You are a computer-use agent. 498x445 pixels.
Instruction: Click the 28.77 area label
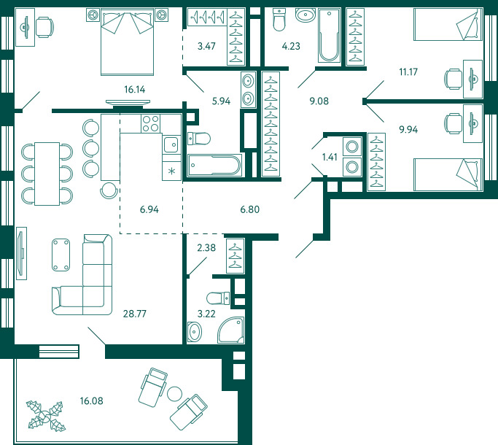tap(135, 314)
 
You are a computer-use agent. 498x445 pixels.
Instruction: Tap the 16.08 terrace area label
tap(91, 400)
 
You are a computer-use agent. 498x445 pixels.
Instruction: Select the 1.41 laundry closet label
tap(330, 157)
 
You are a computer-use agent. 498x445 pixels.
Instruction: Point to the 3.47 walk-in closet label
tap(206, 46)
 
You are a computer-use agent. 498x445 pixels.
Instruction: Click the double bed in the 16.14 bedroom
tap(127, 42)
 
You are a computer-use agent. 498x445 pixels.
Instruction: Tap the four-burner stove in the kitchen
tap(150, 123)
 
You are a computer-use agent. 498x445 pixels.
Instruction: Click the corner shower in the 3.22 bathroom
tap(231, 330)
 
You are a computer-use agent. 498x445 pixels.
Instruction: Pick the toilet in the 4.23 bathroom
tap(279, 20)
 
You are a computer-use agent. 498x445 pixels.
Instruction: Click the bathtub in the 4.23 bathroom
tap(329, 35)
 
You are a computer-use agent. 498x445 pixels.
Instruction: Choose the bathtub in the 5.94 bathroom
tap(214, 165)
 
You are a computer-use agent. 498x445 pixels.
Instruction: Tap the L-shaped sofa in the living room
tap(82, 274)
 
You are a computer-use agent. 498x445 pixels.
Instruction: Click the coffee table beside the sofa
tap(61, 255)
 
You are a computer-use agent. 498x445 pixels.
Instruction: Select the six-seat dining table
tap(47, 174)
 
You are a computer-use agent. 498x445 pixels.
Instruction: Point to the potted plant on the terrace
tap(47, 416)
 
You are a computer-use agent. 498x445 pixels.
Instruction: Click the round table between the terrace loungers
tap(174, 394)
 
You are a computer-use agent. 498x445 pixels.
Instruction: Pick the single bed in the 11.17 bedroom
tap(448, 25)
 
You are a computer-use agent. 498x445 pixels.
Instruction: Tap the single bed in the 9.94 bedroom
tap(448, 174)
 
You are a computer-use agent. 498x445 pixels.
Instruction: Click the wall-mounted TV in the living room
tap(21, 253)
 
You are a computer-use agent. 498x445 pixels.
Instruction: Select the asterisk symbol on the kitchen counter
tap(171, 171)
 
